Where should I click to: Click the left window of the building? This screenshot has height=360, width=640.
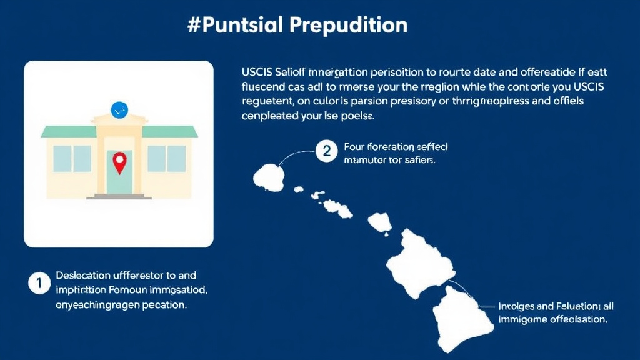[x=72, y=158]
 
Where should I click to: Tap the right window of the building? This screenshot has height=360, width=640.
[x=167, y=158]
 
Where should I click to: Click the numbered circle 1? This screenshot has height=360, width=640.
[x=38, y=283]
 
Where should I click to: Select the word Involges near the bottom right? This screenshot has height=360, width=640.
[x=516, y=306]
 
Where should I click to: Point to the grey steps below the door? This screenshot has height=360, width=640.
[x=119, y=197]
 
